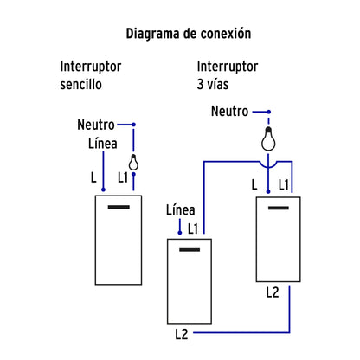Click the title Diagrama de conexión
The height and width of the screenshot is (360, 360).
click(x=188, y=34)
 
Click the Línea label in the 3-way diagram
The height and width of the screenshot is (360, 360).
click(x=180, y=209)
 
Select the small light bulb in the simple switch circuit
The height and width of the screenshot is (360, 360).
click(x=133, y=162)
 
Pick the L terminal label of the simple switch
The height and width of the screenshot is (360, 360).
click(x=93, y=178)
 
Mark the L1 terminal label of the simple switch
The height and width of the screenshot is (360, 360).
click(x=122, y=178)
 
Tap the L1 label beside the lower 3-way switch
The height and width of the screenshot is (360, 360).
click(x=194, y=228)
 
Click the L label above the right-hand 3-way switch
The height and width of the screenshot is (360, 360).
click(x=254, y=184)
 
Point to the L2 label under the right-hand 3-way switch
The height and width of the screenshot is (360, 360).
click(x=273, y=292)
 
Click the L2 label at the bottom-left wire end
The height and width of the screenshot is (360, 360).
click(x=180, y=333)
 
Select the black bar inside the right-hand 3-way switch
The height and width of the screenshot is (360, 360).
click(x=278, y=209)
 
